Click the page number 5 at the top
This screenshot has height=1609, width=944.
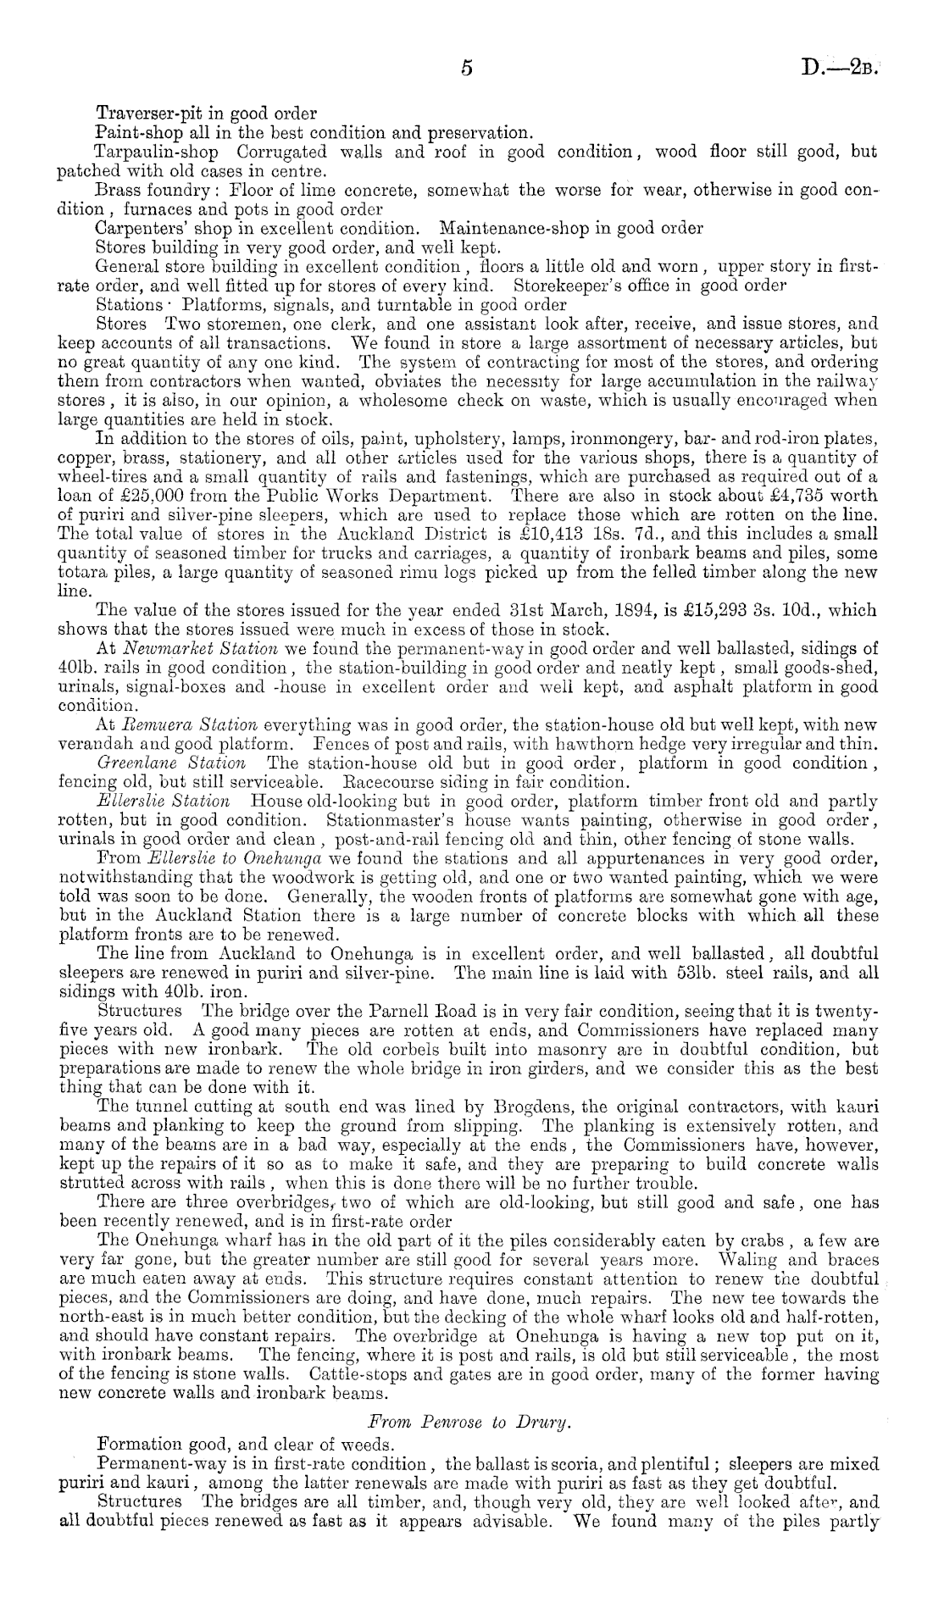tap(466, 69)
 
